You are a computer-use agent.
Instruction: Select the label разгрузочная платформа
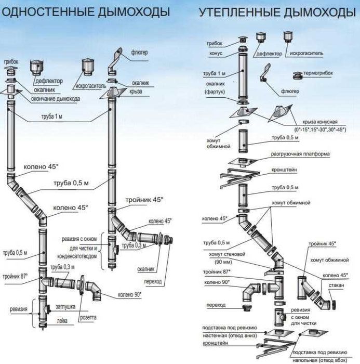click(301, 154)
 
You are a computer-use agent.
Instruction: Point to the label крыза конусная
click(321, 120)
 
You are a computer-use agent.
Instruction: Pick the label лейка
click(61, 321)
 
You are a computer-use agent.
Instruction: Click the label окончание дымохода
click(55, 99)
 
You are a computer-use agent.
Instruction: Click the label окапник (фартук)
click(215, 86)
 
